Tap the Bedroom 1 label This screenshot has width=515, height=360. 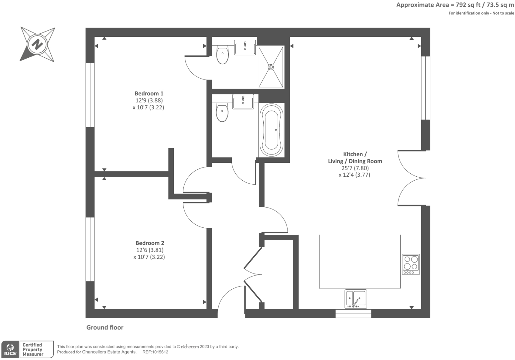[149, 93]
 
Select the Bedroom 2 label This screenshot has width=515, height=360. [150, 243]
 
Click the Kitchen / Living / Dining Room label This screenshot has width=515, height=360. [355, 157]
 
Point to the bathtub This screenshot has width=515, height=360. [272, 130]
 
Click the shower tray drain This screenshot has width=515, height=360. [271, 67]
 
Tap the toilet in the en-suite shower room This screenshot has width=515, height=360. [223, 55]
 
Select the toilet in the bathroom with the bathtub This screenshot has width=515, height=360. [222, 112]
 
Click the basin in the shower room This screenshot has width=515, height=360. [245, 47]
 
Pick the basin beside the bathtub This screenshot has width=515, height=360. [243, 102]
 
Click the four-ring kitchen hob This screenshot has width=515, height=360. [411, 264]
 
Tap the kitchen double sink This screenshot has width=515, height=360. [355, 298]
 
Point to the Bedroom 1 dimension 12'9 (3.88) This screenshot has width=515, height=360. [149, 100]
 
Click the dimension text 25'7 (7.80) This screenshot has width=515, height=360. [355, 168]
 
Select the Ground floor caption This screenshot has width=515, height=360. [105, 328]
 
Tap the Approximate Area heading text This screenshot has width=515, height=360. [455, 5]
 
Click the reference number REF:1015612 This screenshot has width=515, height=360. [155, 352]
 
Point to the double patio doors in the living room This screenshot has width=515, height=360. [411, 178]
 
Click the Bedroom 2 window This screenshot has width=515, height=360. [90, 249]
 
